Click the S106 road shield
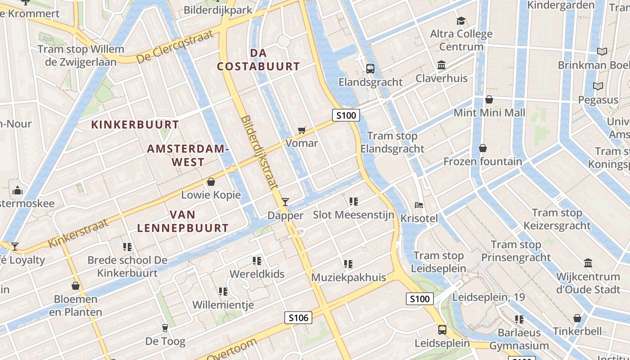(298, 318)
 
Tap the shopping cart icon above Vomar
(302, 130)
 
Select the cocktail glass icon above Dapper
(285, 202)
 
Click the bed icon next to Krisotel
(419, 205)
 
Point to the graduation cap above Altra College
(461, 21)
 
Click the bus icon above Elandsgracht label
(370, 69)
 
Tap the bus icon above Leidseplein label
(442, 330)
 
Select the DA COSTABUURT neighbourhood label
(258, 59)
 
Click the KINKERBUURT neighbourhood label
(135, 125)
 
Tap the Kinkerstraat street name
(78, 233)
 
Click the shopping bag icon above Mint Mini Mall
(489, 99)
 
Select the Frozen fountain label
(483, 161)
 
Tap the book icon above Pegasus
(598, 86)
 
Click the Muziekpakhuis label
(349, 277)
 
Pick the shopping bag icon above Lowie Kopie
(211, 182)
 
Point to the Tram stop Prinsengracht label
(516, 251)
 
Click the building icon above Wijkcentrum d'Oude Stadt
(588, 263)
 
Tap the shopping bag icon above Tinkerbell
(577, 319)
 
